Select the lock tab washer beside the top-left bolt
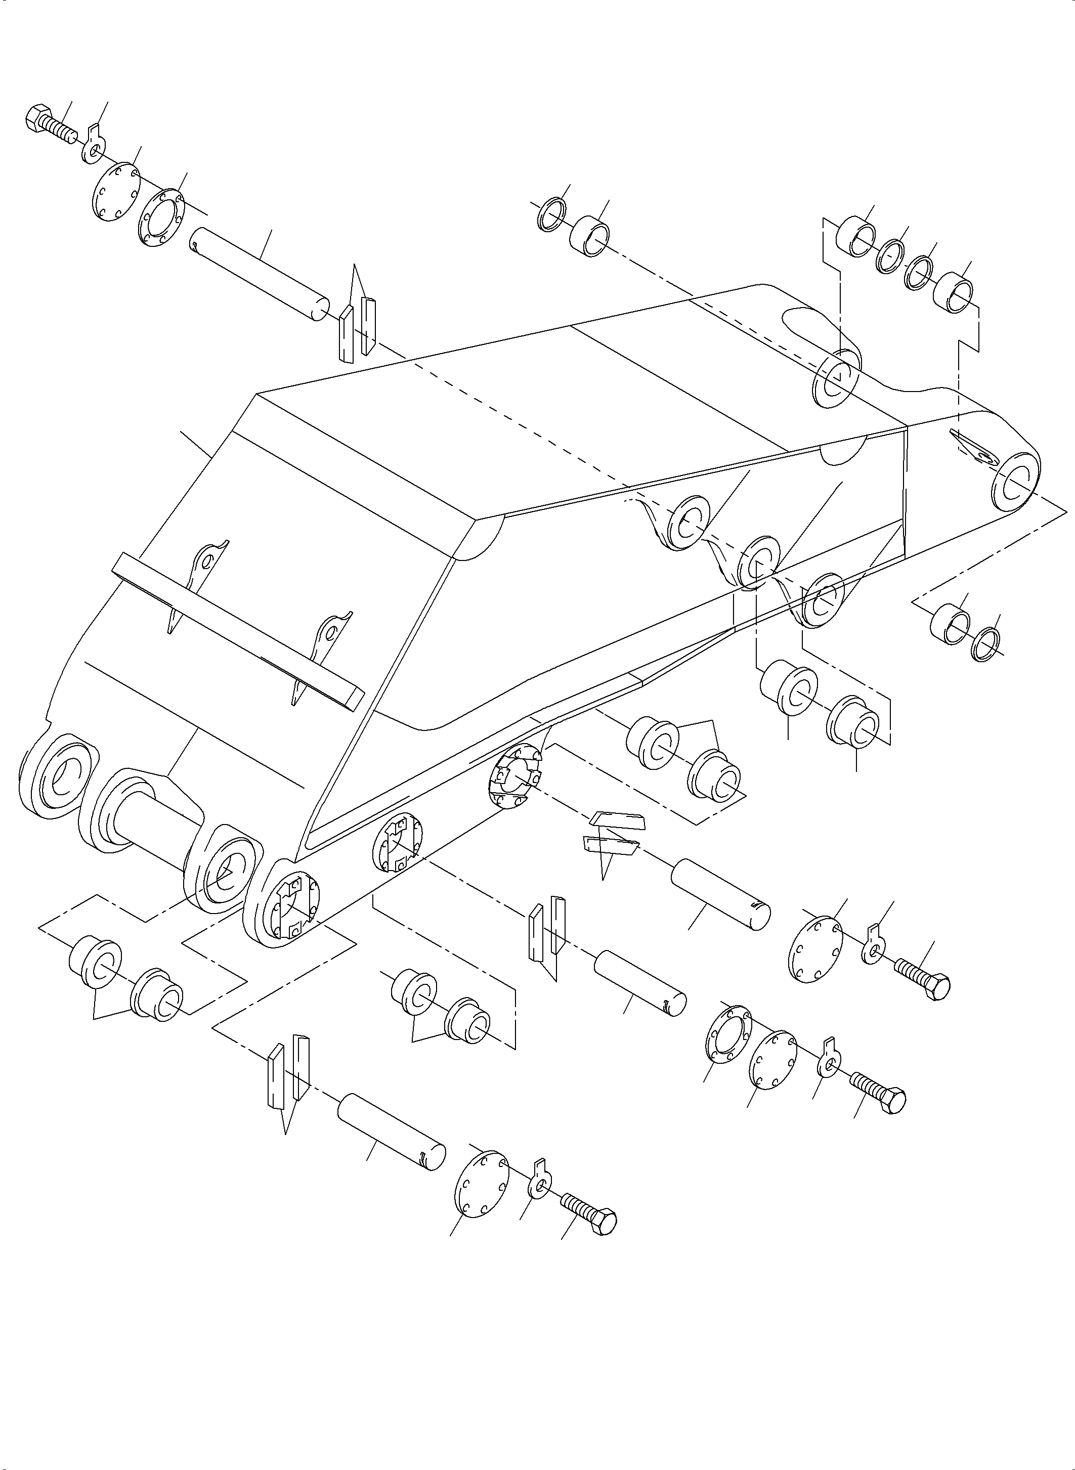pyautogui.click(x=93, y=145)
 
